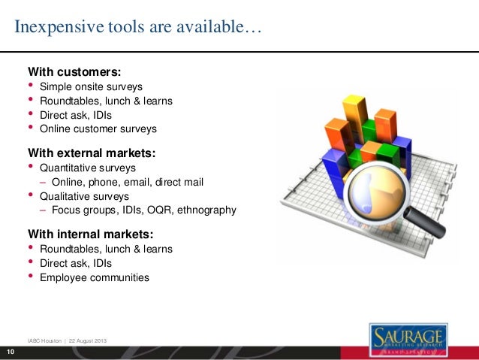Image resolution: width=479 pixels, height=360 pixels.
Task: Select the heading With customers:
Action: point(74,72)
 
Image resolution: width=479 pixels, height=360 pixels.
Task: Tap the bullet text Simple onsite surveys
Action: point(91,86)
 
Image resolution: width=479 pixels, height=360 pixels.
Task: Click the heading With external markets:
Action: point(92,153)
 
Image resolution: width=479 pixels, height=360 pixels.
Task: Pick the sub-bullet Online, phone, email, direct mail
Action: point(127,182)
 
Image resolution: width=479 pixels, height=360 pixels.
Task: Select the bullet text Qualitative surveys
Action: point(85,196)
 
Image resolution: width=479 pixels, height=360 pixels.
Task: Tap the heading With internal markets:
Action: point(89,234)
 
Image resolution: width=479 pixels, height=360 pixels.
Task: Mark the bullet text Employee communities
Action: point(94,277)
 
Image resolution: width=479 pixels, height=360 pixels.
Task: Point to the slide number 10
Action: point(11,352)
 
